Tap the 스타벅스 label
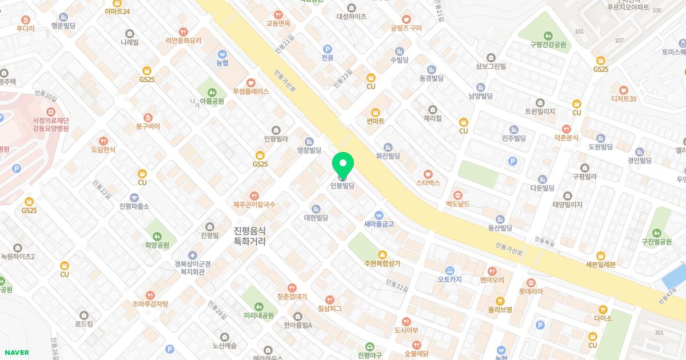pyautogui.click(x=428, y=183)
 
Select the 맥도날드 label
pyautogui.click(x=457, y=203)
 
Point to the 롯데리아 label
pyautogui.click(x=531, y=291)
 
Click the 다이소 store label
pyautogui.click(x=603, y=318)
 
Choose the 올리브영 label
pyautogui.click(x=500, y=310)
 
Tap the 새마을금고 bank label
pyautogui.click(x=378, y=224)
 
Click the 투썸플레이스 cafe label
pyautogui.click(x=250, y=91)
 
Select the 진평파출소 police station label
pyautogui.click(x=134, y=206)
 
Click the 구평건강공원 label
pyautogui.click(x=547, y=44)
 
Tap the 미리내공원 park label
pyautogui.click(x=258, y=315)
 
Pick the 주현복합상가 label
pyautogui.click(x=382, y=263)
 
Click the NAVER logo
pyautogui.click(x=16, y=353)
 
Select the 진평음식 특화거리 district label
pyautogui.click(x=250, y=235)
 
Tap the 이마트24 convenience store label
pyautogui.click(x=117, y=11)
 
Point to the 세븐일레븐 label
pyautogui.click(x=600, y=264)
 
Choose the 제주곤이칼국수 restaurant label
pyautogui.click(x=254, y=204)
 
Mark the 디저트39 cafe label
pyautogui.click(x=623, y=99)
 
